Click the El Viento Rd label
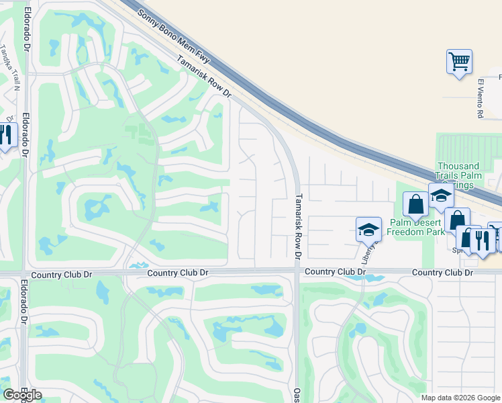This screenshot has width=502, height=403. pyautogui.click(x=481, y=99)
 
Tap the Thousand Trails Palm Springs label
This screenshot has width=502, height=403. pyautogui.click(x=458, y=175)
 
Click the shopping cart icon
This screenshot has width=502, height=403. pyautogui.click(x=459, y=62)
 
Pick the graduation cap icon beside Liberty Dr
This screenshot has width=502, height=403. pyautogui.click(x=368, y=229)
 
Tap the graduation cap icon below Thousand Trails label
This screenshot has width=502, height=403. pyautogui.click(x=441, y=195)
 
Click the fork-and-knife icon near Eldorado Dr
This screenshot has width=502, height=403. pyautogui.click(x=6, y=135)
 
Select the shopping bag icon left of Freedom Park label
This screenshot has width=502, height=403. pyautogui.click(x=415, y=204)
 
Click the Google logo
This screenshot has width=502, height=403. pyautogui.click(x=22, y=394)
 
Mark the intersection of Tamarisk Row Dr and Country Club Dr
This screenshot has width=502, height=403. pyautogui.click(x=296, y=272)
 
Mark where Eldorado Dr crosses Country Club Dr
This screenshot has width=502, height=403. pyautogui.click(x=25, y=273)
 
